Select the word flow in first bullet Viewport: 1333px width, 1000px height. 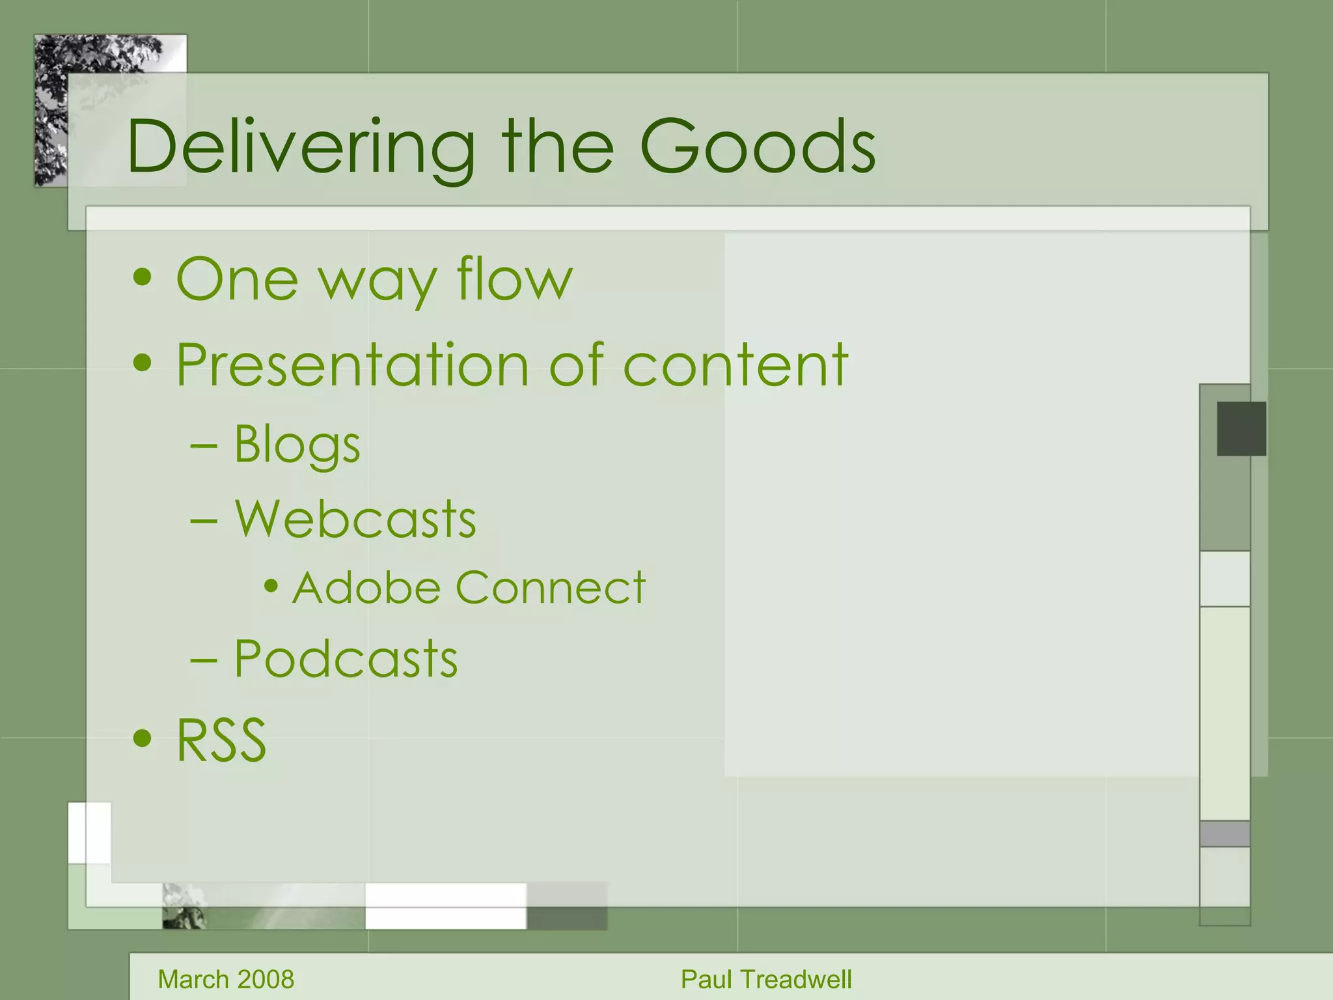tap(514, 280)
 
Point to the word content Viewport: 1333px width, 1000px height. tap(735, 365)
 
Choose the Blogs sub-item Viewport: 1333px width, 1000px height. tap(297, 445)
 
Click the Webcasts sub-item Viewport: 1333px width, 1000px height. tap(355, 520)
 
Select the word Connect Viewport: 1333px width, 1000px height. tap(550, 588)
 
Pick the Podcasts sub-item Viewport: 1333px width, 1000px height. tap(346, 660)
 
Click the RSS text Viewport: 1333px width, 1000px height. tap(221, 741)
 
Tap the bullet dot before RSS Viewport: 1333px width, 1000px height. tap(142, 739)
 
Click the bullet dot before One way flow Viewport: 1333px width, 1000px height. tap(142, 279)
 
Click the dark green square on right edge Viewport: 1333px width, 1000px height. tap(1241, 428)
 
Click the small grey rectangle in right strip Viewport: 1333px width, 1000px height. tap(1224, 833)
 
